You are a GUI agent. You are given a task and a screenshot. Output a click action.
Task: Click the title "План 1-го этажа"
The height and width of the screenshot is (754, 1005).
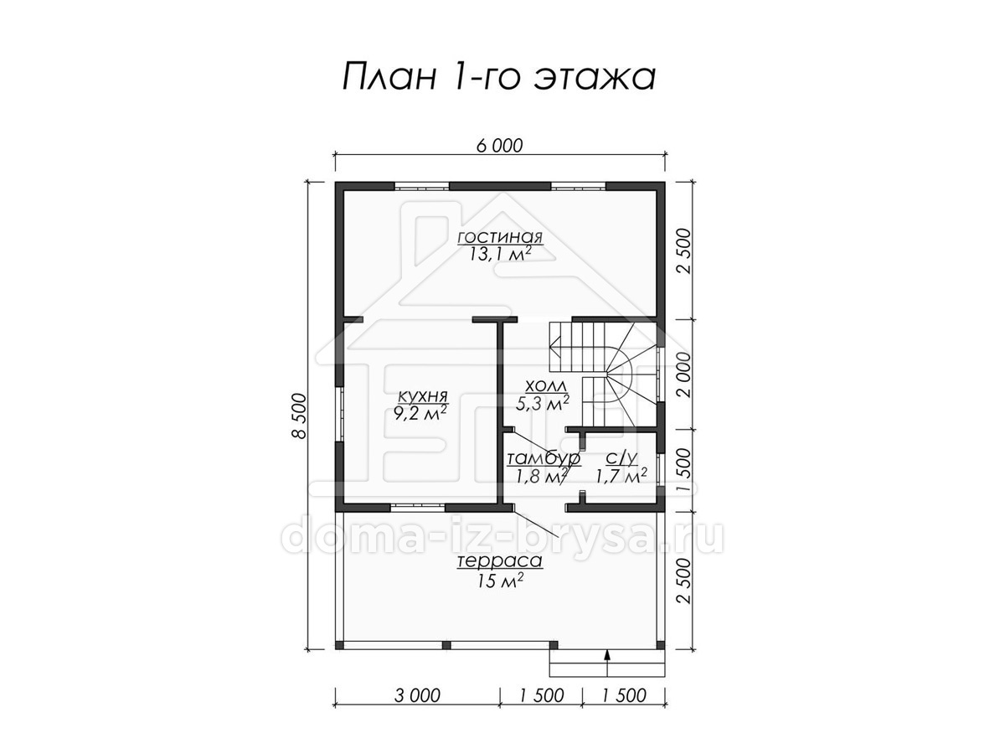pos(499,76)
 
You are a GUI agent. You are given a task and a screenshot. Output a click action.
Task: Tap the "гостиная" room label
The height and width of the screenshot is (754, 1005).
pos(500,237)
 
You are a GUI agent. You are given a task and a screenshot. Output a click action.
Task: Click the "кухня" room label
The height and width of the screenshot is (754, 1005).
pos(422,396)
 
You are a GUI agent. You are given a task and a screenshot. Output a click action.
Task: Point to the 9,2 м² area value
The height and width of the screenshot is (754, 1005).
pos(420,413)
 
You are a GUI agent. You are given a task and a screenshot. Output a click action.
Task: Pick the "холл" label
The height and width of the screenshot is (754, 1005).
pos(546,387)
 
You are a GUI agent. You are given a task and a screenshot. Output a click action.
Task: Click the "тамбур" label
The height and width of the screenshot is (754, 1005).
pos(544,457)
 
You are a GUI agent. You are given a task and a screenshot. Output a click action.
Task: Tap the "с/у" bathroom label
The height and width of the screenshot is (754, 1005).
pos(621,457)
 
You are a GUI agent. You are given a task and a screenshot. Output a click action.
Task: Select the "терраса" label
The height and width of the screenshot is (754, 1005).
pos(500,561)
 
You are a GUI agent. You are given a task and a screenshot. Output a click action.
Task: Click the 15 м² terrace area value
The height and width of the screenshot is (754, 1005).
pos(501,581)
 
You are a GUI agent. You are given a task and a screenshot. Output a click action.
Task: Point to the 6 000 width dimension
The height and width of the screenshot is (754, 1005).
pos(499,146)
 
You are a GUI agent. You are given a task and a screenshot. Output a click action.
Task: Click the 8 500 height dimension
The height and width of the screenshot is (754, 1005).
pos(299,416)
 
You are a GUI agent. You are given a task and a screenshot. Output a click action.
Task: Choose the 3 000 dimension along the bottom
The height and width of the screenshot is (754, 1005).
pos(417,696)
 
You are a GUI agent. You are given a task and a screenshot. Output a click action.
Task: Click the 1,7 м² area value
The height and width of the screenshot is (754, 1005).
pos(621,476)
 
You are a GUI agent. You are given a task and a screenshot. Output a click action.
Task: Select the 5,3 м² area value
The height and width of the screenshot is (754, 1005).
pos(543,403)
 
